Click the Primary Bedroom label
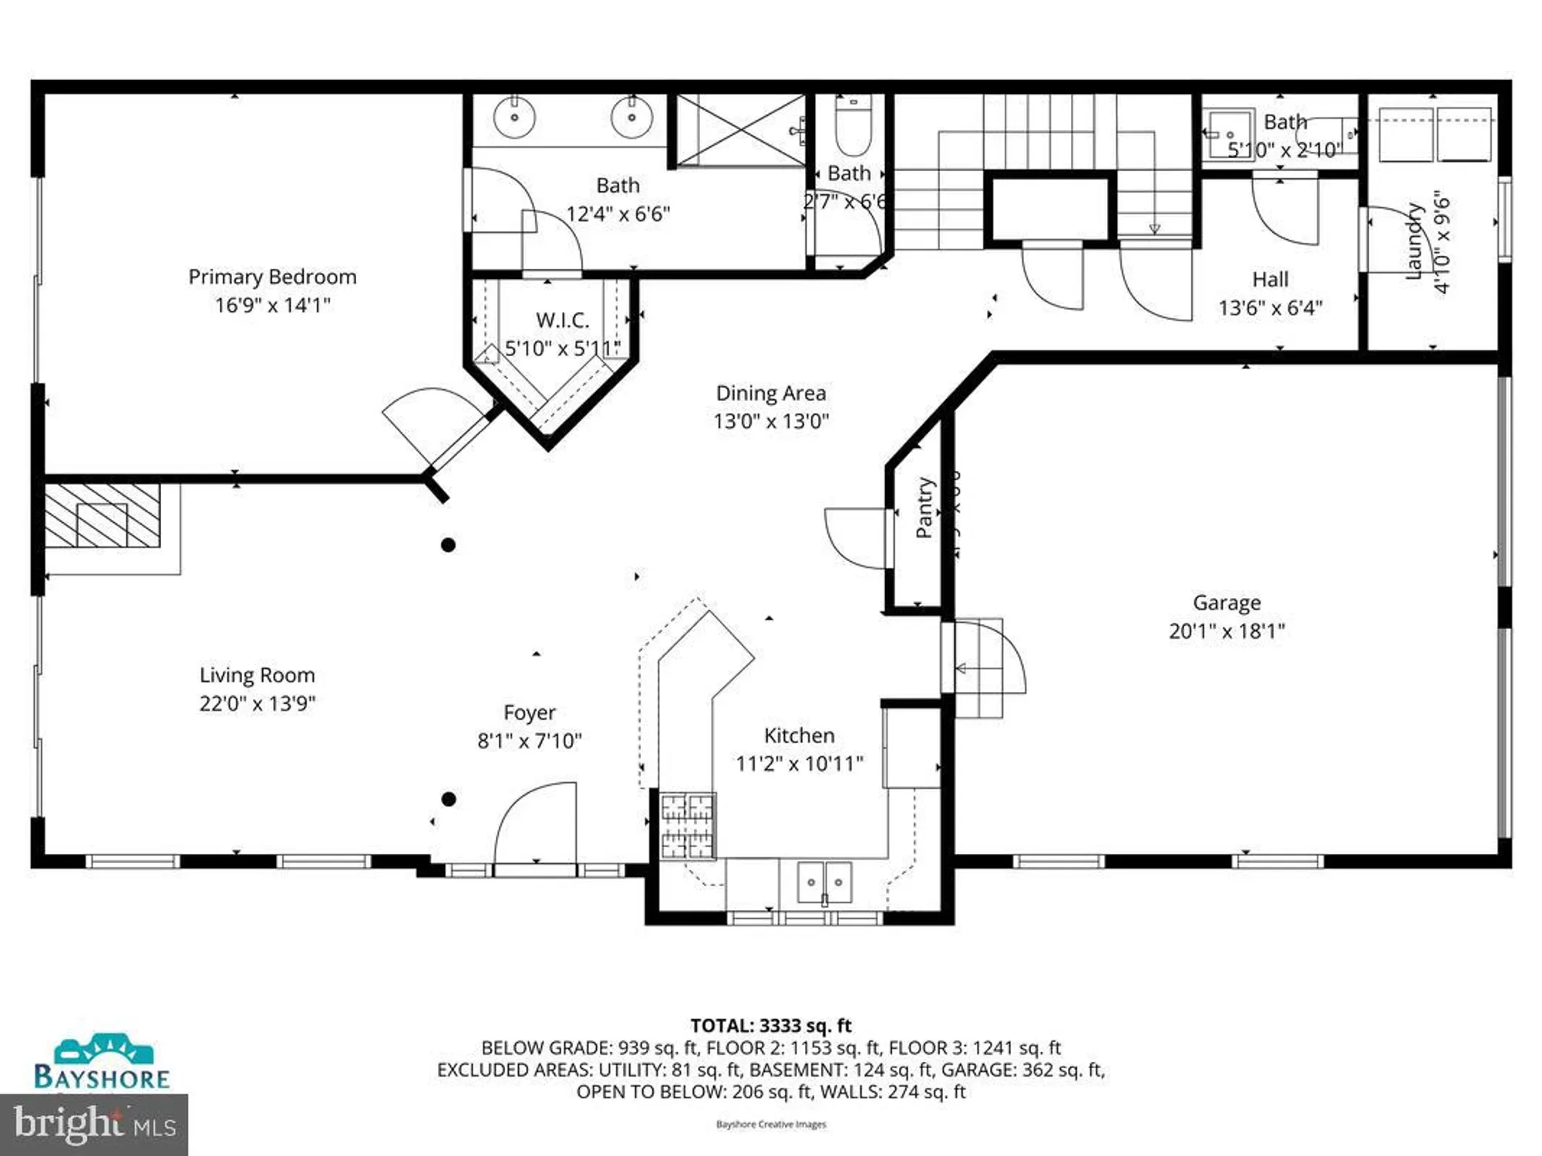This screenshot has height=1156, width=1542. pyautogui.click(x=272, y=277)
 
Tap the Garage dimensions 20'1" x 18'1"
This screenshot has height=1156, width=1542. pyautogui.click(x=1226, y=631)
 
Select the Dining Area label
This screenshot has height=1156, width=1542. pyautogui.click(x=770, y=393)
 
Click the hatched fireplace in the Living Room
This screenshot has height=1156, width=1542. pyautogui.click(x=102, y=516)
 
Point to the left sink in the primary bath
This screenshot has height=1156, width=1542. pyautogui.click(x=514, y=119)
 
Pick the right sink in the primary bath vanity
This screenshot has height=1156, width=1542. pyautogui.click(x=631, y=119)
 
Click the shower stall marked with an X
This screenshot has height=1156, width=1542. pyautogui.click(x=740, y=130)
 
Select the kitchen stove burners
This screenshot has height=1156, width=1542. pyautogui.click(x=688, y=826)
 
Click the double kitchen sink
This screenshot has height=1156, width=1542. pyautogui.click(x=823, y=881)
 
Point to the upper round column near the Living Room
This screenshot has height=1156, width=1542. pyautogui.click(x=448, y=545)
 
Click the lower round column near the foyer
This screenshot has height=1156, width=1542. pyautogui.click(x=449, y=799)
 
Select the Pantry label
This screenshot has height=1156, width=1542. pyautogui.click(x=924, y=507)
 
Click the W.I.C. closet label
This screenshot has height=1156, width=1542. pyautogui.click(x=562, y=320)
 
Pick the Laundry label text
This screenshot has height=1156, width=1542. pyautogui.click(x=1412, y=240)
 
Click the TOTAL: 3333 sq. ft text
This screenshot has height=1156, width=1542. pyautogui.click(x=770, y=1026)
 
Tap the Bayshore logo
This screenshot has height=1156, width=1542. pyautogui.click(x=102, y=1064)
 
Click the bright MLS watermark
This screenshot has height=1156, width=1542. pyautogui.click(x=94, y=1125)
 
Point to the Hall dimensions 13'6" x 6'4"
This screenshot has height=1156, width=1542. pyautogui.click(x=1270, y=308)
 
